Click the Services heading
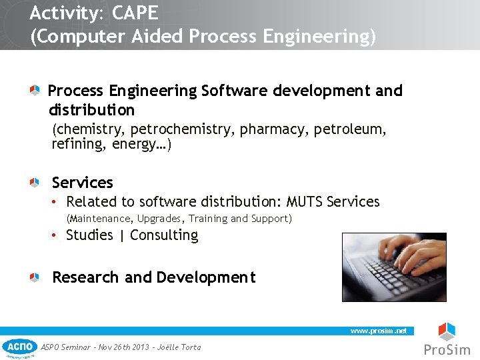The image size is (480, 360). coord(83,183)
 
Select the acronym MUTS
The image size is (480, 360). coord(305,202)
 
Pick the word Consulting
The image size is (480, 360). coord(164,235)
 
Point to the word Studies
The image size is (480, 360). coord(89,235)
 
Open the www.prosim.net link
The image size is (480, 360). coord(379,331)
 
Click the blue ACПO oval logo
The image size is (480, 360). coord(19,347)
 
